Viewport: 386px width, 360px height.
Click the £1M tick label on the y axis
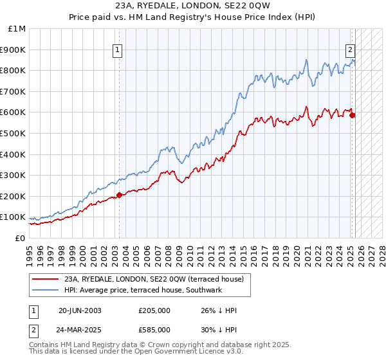tap(17, 28)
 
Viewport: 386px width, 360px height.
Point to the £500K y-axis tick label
tap(14, 133)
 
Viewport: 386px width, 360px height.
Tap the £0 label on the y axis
tap(21, 238)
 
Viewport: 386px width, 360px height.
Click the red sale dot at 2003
tap(119, 195)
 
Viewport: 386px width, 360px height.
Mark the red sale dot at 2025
tap(352, 115)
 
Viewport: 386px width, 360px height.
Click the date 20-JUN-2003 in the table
tap(80, 311)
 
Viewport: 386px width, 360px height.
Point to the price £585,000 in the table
tap(154, 329)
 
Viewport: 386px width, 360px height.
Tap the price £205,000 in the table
tap(154, 311)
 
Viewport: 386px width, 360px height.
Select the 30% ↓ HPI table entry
tap(219, 329)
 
